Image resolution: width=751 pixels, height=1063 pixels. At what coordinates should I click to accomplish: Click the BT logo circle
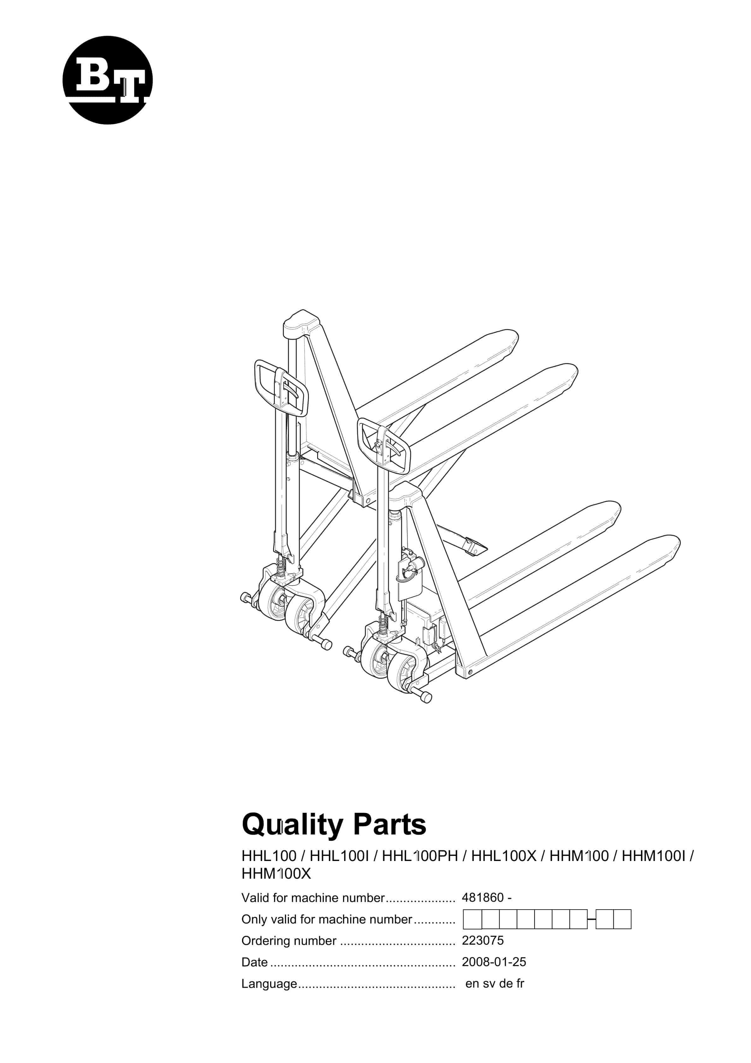click(x=107, y=80)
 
